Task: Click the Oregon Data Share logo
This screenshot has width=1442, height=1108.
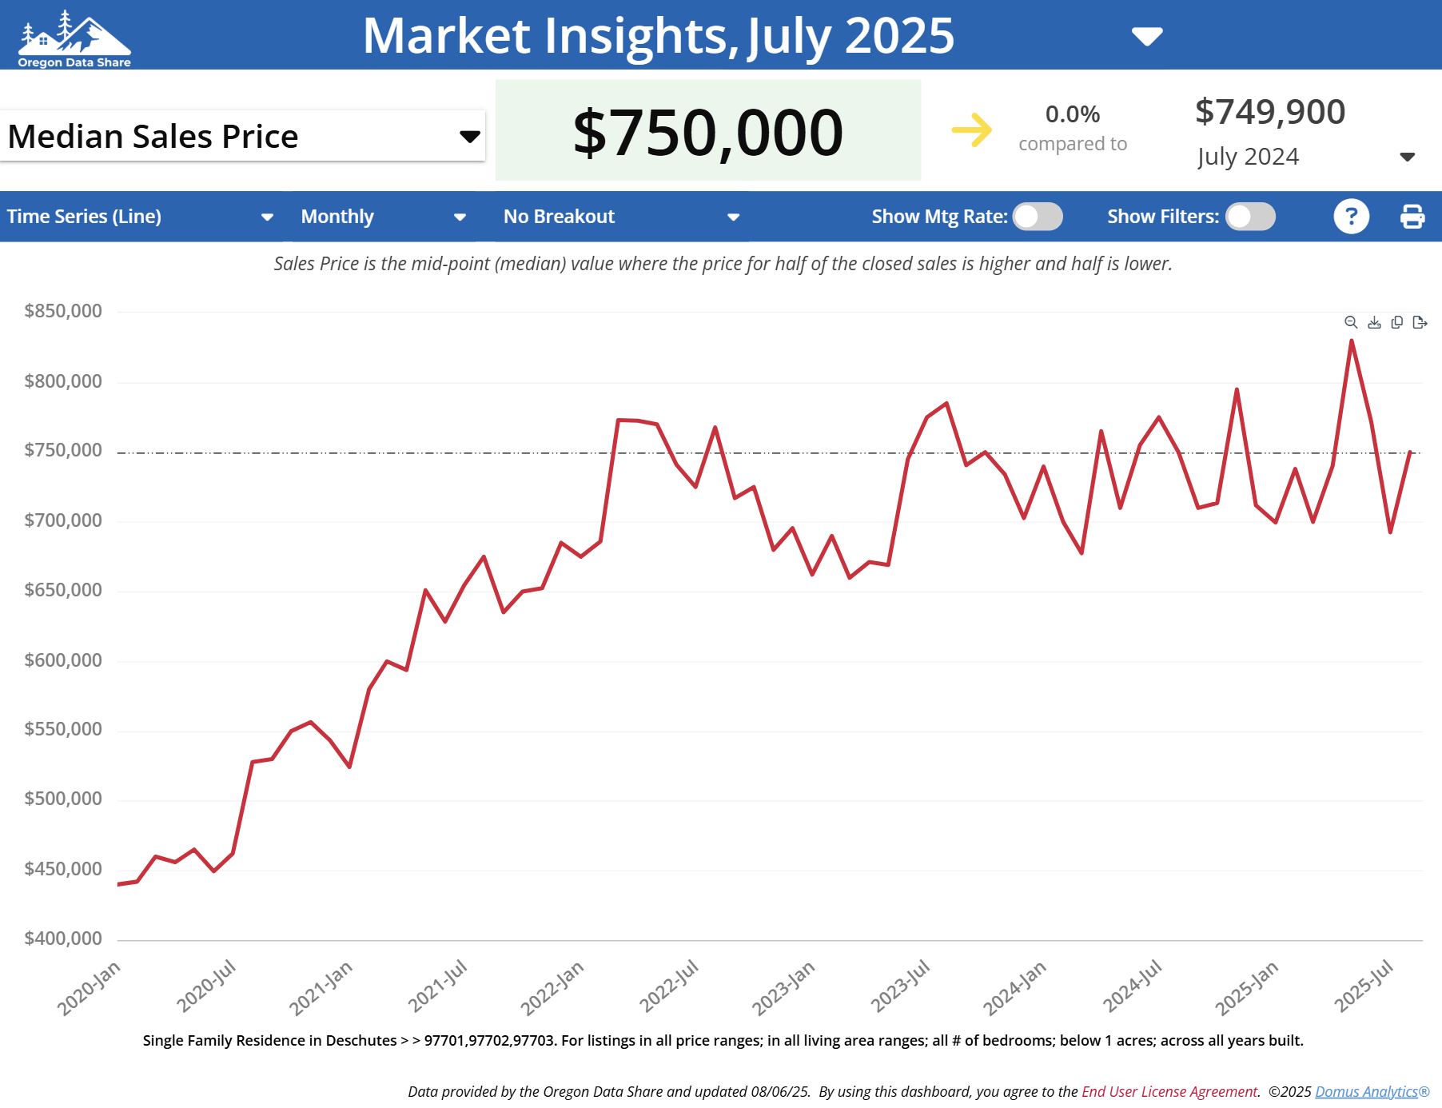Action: tap(74, 38)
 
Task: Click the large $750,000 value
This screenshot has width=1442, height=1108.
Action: tap(707, 132)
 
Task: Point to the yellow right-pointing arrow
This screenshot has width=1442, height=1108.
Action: tap(971, 130)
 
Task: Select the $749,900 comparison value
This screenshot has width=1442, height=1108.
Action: tap(1269, 112)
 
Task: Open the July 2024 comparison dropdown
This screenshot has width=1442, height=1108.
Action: tap(1407, 157)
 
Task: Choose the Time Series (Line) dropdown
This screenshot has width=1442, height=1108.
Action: tap(140, 217)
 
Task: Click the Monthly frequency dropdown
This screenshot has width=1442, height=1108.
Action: tap(383, 217)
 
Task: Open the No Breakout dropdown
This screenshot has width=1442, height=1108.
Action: tap(620, 217)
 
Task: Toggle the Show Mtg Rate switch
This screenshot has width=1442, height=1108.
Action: tap(1038, 217)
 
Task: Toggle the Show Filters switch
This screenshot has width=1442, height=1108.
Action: tap(1250, 217)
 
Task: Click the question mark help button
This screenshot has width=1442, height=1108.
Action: tap(1351, 217)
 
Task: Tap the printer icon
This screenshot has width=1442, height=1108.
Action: tap(1412, 217)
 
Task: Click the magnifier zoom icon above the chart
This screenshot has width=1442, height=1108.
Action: tap(1351, 322)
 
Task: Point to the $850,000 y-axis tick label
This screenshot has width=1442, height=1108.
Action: tap(63, 311)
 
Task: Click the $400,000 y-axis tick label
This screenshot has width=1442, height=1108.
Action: tap(63, 939)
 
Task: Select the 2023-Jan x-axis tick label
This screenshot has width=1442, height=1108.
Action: tap(783, 987)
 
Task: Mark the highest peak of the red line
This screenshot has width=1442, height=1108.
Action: tap(1352, 341)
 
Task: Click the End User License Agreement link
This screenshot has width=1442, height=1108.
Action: tap(1169, 1092)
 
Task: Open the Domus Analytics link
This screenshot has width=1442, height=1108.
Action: tap(1366, 1092)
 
